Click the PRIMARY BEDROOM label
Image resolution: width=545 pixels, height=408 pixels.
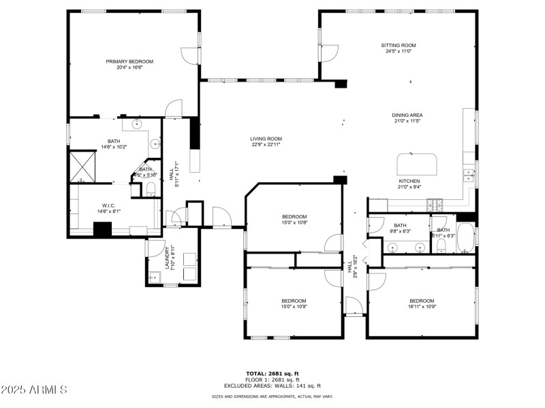click(x=129, y=61)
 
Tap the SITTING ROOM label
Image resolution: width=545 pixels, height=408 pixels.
click(x=398, y=46)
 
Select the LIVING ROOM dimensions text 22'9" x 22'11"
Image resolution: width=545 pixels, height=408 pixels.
click(x=266, y=144)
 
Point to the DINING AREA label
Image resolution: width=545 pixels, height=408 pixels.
click(x=407, y=115)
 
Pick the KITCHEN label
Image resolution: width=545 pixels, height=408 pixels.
click(x=409, y=181)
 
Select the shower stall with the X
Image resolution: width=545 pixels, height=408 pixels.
click(x=82, y=164)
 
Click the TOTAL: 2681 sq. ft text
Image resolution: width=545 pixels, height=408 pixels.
click(x=272, y=373)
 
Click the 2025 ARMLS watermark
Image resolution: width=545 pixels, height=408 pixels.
click(x=34, y=390)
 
